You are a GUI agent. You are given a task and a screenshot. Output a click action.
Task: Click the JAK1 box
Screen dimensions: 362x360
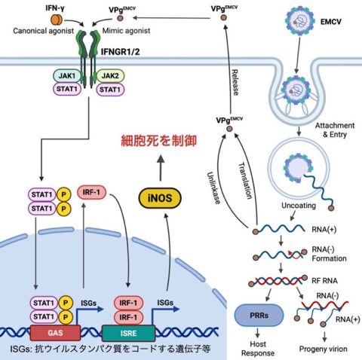click(x=67, y=75)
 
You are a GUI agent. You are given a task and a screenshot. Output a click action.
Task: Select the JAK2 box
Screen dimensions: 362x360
click(x=110, y=75)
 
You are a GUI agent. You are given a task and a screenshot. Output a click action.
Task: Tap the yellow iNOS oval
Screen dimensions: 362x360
click(x=160, y=198)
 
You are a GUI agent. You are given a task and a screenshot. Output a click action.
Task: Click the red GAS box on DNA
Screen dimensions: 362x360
click(x=55, y=333)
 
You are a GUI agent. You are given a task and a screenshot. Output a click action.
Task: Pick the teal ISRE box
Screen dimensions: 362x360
click(x=128, y=333)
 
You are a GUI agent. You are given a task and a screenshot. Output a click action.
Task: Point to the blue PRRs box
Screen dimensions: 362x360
click(x=259, y=316)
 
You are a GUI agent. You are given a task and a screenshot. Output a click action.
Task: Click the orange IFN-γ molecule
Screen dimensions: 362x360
click(x=57, y=20)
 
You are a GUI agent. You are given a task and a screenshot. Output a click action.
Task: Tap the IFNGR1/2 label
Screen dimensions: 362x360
click(x=120, y=52)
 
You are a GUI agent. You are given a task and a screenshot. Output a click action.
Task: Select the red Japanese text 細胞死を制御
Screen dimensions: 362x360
click(x=159, y=141)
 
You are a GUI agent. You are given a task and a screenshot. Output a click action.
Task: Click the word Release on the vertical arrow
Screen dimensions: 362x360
click(x=235, y=82)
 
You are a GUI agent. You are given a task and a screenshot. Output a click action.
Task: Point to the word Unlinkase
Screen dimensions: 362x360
click(x=213, y=188)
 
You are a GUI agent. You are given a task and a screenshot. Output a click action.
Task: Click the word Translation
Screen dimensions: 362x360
click(x=245, y=181)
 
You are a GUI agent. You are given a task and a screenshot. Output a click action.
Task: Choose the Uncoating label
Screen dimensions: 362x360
click(x=299, y=206)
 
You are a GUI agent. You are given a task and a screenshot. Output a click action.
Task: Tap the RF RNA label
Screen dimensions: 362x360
click(x=324, y=280)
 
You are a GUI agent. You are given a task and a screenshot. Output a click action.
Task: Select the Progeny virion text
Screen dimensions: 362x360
click(x=324, y=349)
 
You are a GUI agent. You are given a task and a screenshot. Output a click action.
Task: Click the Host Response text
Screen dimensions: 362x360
click(x=258, y=349)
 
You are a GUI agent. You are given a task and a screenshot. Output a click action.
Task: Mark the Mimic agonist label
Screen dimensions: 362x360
click(x=126, y=31)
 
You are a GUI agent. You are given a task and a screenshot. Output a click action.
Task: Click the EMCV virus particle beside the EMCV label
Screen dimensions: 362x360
click(x=300, y=20)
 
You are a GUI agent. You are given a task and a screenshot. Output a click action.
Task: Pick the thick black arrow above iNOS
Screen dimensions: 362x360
click(x=161, y=167)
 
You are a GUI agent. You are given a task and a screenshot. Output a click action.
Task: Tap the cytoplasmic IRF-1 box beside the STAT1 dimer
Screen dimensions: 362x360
click(x=91, y=192)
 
